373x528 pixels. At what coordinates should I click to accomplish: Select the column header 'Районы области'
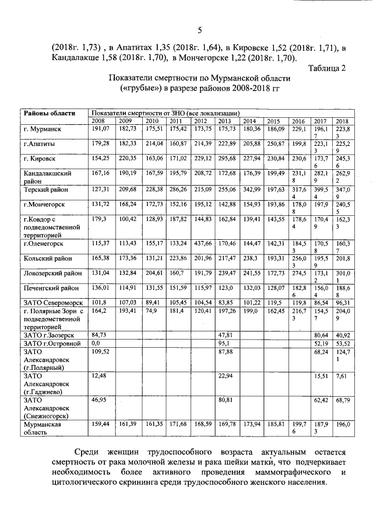pyautogui.click(x=50, y=113)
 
